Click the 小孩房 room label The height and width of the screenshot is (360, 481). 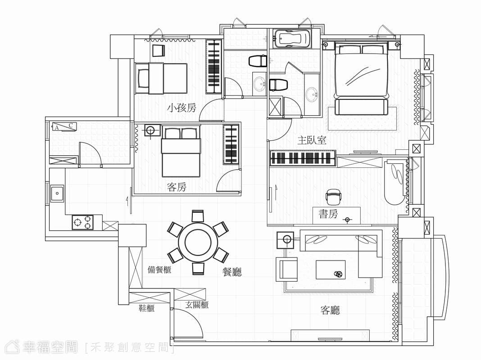point(182,108)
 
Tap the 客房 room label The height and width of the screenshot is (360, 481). point(177,187)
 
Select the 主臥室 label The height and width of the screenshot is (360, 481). point(312,140)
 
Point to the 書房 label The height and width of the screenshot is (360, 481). point(328,214)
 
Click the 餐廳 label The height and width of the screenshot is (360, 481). point(232,272)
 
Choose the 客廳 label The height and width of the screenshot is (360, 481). point(330,310)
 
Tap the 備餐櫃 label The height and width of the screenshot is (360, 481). point(159,270)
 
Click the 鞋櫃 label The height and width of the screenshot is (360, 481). point(147,308)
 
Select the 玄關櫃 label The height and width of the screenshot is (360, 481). point(197,305)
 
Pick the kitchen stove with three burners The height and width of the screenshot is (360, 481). point(83,222)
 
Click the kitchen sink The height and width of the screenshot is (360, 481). point(57,193)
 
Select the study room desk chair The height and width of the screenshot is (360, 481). point(334,197)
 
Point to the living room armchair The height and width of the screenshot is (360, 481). point(286,269)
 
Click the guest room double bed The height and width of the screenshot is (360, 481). point(181,152)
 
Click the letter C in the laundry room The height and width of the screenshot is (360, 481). point(71,125)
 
